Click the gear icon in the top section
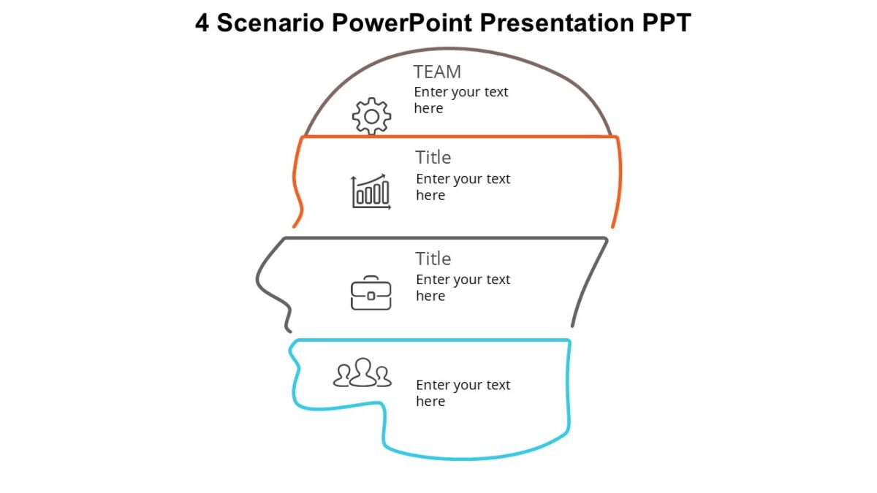372,116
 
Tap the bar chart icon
371,191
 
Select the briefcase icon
371,293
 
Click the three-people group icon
362,372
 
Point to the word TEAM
437,72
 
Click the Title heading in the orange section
433,157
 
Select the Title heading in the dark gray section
433,259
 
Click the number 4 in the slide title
202,23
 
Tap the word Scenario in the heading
270,23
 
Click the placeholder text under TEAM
460,100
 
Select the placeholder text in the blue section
463,393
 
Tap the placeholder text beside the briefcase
463,288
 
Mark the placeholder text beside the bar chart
463,187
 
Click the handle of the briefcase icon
371,278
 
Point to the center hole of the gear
372,116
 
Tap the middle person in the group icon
362,371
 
